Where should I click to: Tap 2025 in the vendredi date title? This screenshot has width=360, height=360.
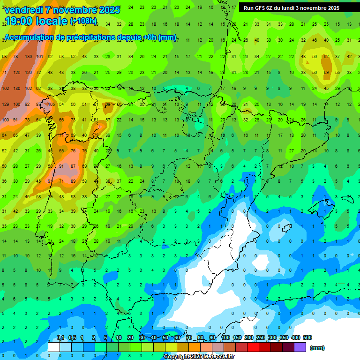click(109, 10)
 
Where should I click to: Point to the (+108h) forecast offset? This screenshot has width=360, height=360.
click(83, 21)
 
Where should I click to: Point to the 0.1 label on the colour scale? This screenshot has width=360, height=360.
click(60, 338)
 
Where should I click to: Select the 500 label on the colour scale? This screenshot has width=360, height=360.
click(307, 338)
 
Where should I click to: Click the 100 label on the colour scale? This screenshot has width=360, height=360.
click(225, 338)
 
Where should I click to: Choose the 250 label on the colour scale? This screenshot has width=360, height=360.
click(261, 338)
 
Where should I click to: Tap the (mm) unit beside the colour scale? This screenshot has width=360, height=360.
click(317, 348)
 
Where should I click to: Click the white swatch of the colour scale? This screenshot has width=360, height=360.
click(54, 347)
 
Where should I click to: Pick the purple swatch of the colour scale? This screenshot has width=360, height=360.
click(300, 347)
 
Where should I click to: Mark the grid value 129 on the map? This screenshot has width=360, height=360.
click(6, 104)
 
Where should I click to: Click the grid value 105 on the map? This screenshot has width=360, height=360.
click(51, 104)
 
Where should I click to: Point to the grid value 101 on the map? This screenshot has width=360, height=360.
click(40, 57)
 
